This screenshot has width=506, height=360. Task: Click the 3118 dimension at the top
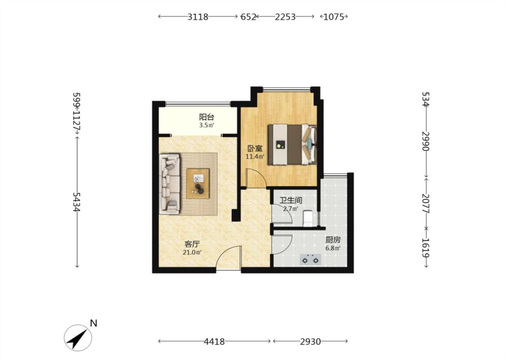(x=198, y=17)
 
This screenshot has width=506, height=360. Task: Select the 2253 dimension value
(x=285, y=17)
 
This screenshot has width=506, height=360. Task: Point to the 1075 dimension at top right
(x=334, y=17)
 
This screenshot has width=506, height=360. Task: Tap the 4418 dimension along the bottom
(x=214, y=341)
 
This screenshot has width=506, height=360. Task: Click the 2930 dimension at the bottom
(x=310, y=341)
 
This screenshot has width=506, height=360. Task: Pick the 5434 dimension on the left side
(x=76, y=202)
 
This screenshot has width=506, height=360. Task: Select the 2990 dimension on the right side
(x=425, y=141)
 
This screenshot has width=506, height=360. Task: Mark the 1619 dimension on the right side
(x=425, y=247)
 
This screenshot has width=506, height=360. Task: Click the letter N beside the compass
(x=94, y=323)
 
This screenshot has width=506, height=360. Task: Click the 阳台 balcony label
(x=206, y=117)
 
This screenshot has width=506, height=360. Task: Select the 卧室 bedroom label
(x=255, y=148)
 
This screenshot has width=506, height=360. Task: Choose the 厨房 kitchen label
(x=333, y=240)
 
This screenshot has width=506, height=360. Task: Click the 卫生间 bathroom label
(x=291, y=201)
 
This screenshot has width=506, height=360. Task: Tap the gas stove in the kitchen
(x=310, y=259)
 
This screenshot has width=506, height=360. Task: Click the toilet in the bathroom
(x=308, y=218)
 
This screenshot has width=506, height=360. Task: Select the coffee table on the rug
(x=198, y=184)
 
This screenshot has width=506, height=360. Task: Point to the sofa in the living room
(x=170, y=184)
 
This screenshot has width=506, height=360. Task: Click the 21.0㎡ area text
(x=193, y=252)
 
